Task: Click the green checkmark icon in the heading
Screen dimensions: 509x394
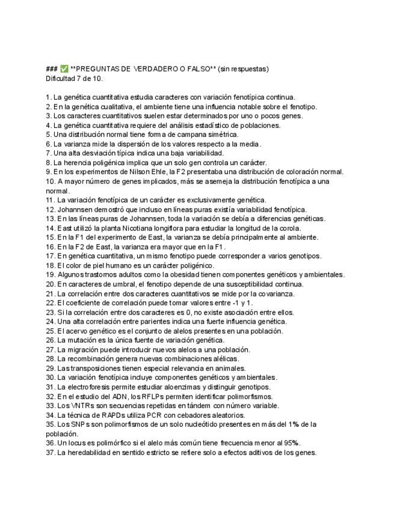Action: pos(64,69)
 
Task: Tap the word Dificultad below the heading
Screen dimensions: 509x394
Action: pos(60,78)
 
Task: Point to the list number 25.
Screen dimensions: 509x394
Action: pos(50,331)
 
